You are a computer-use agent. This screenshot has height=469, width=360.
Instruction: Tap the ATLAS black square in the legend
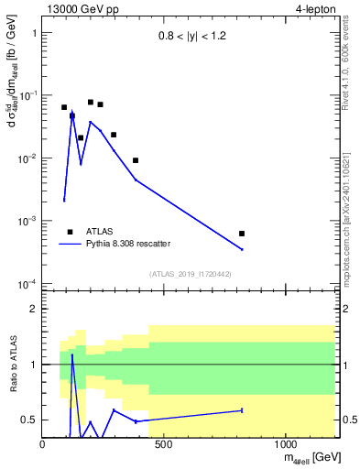[x=70, y=232]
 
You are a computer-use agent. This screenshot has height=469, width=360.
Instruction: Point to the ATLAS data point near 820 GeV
[x=242, y=234]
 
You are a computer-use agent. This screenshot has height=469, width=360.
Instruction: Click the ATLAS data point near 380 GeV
[x=136, y=160]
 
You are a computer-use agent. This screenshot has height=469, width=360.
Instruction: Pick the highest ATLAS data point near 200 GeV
[x=91, y=103]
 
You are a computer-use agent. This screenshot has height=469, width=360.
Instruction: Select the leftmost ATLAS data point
[x=64, y=107]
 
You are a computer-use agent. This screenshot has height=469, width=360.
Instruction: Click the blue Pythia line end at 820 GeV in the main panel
[x=242, y=249]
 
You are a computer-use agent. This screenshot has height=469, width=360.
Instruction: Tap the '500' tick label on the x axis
[x=164, y=444]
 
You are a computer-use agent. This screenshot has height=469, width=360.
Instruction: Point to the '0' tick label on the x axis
[x=43, y=444]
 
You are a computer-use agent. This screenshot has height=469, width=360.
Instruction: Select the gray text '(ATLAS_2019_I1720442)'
[x=190, y=274]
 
